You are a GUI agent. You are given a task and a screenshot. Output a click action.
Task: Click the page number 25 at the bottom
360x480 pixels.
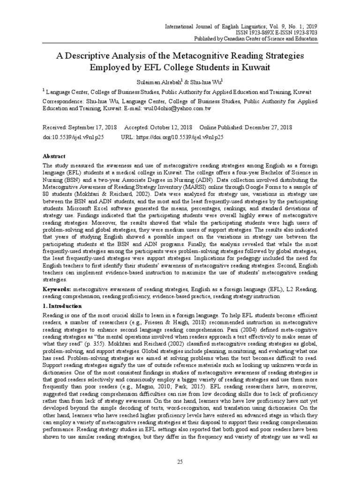pyautogui.click(x=180, y=462)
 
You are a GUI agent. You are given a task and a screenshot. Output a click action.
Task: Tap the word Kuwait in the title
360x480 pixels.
pyautogui.click(x=253, y=67)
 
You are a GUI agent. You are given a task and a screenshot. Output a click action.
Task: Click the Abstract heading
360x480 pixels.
pyautogui.click(x=54, y=156)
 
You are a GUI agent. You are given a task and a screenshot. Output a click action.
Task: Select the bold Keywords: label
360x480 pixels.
pyautogui.click(x=58, y=290)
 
